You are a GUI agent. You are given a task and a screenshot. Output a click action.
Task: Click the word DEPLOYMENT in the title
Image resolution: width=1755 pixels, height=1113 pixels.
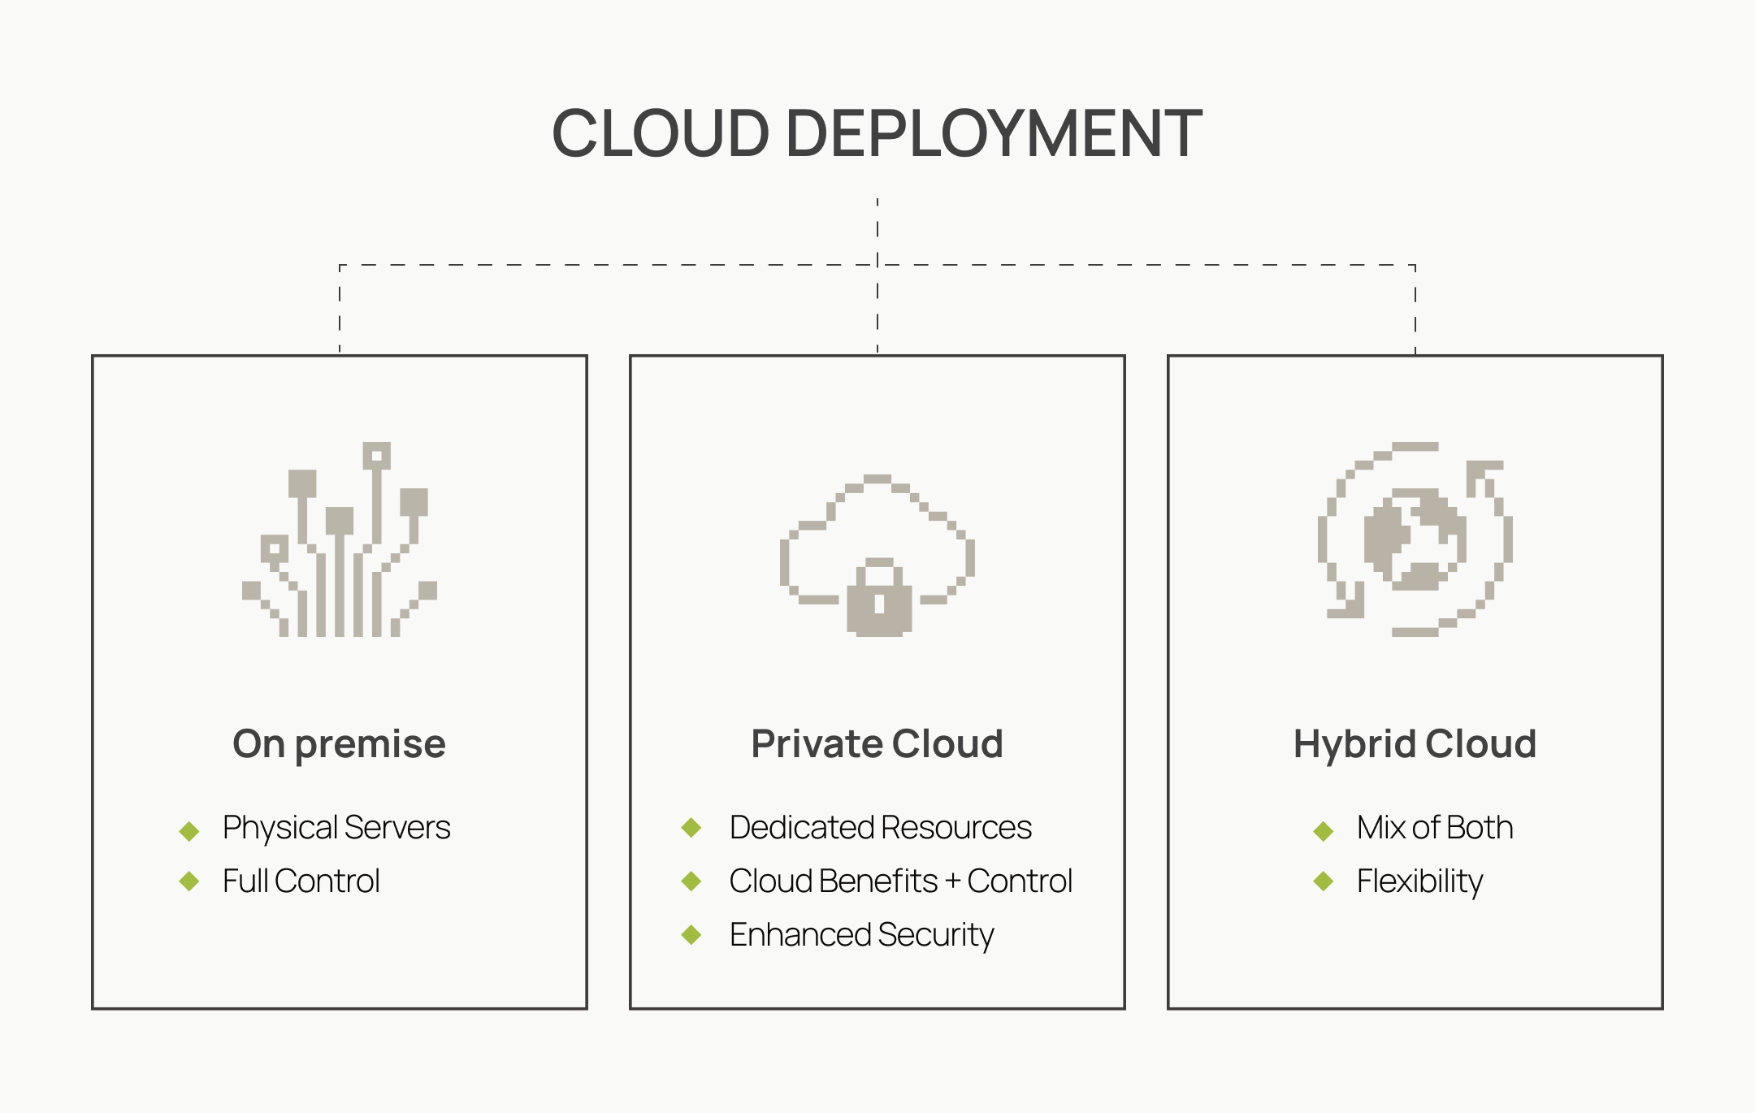993,133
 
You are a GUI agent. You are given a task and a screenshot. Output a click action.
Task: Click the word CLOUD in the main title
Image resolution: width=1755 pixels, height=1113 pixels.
660,133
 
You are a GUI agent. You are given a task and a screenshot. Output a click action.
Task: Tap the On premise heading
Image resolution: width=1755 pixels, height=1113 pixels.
339,744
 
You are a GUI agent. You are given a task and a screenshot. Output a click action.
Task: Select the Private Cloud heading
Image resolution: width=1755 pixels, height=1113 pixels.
877,744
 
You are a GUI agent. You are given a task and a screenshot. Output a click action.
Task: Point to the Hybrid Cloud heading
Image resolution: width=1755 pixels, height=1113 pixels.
1415,744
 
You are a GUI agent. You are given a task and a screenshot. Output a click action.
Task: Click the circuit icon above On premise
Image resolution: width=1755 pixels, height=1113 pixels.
340,540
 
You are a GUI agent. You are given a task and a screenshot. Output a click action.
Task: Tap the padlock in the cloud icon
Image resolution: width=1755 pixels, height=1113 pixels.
878,599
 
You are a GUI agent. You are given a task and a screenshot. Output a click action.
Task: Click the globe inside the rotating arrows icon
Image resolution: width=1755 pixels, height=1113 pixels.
1415,539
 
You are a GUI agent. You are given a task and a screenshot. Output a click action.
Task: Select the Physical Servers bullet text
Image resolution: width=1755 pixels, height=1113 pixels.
336,828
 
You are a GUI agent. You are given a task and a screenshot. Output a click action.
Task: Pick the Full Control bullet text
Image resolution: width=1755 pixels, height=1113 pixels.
301,881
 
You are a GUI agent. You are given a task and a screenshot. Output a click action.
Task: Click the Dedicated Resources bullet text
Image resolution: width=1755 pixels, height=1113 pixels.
880,828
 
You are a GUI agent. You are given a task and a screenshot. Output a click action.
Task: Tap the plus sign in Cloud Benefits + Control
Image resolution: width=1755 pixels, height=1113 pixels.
952,882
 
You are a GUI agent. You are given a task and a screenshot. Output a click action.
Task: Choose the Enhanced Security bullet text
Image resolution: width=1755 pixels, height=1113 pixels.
861,935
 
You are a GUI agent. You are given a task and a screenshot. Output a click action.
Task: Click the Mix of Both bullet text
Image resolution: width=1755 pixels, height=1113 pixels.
1434,828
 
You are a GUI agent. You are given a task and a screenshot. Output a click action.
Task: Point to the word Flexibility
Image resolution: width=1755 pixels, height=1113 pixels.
1419,881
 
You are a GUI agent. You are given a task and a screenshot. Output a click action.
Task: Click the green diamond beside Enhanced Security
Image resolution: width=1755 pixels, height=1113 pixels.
691,935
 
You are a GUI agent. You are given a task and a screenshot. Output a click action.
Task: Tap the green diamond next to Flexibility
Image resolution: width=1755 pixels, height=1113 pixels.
1324,881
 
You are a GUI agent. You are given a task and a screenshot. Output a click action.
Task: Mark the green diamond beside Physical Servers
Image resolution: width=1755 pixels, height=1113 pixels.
189,830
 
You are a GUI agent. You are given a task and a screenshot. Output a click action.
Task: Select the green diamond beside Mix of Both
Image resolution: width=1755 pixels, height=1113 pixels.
1324,830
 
